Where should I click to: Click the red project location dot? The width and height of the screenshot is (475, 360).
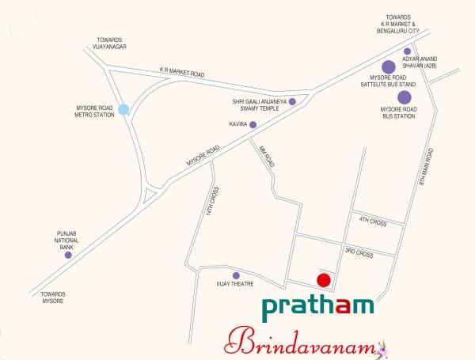click(323, 280)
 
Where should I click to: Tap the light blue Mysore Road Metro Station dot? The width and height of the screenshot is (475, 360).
click(123, 109)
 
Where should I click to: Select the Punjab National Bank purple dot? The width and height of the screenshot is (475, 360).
click(68, 255)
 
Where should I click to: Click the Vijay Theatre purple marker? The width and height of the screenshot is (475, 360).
click(236, 275)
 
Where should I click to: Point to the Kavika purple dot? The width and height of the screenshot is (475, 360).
click(253, 124)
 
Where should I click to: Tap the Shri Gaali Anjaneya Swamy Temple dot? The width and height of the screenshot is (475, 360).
click(292, 101)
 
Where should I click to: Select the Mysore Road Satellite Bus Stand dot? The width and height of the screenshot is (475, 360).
click(389, 67)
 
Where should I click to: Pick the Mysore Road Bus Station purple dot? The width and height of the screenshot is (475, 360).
click(405, 97)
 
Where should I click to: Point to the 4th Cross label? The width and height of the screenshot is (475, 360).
click(372, 221)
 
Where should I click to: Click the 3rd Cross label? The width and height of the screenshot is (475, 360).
click(359, 252)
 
